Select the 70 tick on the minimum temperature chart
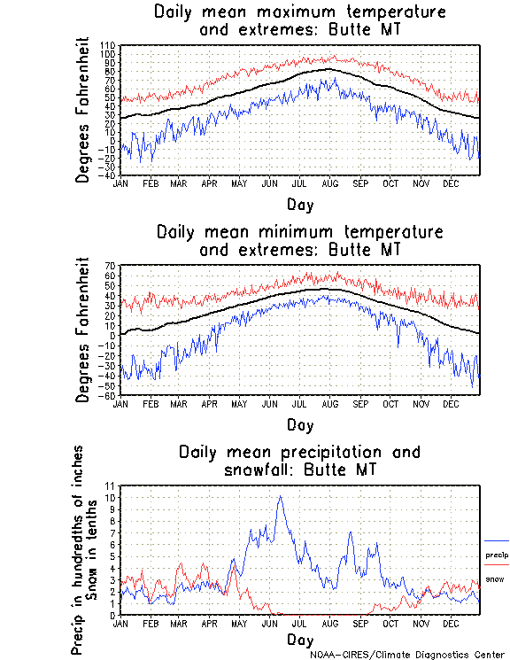click(x=112, y=266)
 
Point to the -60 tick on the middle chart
click(x=110, y=396)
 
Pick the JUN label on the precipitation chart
click(x=268, y=623)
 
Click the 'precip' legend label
click(x=497, y=555)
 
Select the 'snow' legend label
click(x=495, y=579)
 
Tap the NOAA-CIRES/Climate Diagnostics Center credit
click(x=408, y=655)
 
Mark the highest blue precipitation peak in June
click(x=281, y=496)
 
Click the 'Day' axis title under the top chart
click(x=299, y=205)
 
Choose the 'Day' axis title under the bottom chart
click(x=299, y=640)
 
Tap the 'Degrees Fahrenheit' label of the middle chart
click(x=83, y=330)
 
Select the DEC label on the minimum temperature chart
click(x=451, y=403)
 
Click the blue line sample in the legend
click(x=497, y=540)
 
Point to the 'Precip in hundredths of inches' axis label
click(x=79, y=549)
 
